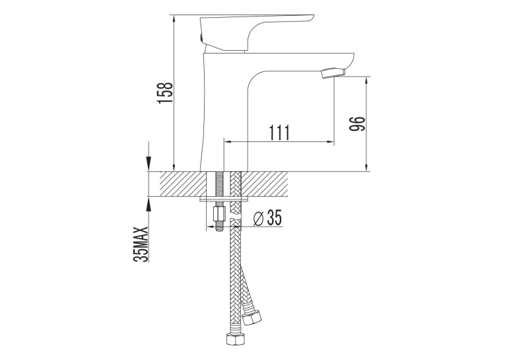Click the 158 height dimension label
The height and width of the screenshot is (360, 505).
click(166, 93)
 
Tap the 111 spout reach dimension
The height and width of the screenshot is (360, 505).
click(279, 132)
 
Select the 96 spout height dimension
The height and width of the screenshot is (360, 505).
click(357, 124)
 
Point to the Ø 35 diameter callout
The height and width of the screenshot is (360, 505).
click(267, 217)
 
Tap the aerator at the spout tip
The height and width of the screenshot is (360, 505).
click(333, 73)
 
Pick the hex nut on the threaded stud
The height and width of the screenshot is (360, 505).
click(219, 213)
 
